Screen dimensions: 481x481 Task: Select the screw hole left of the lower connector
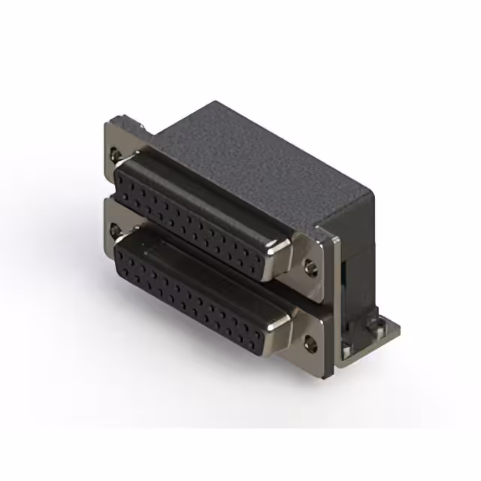(x=113, y=228)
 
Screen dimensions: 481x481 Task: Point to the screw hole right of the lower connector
(x=309, y=342)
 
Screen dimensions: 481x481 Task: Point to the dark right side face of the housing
(x=353, y=225)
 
